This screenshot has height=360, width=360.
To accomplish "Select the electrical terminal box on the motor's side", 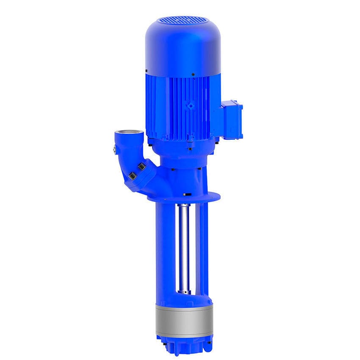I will [232, 119].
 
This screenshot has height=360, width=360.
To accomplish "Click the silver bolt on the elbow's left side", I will [115, 150].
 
